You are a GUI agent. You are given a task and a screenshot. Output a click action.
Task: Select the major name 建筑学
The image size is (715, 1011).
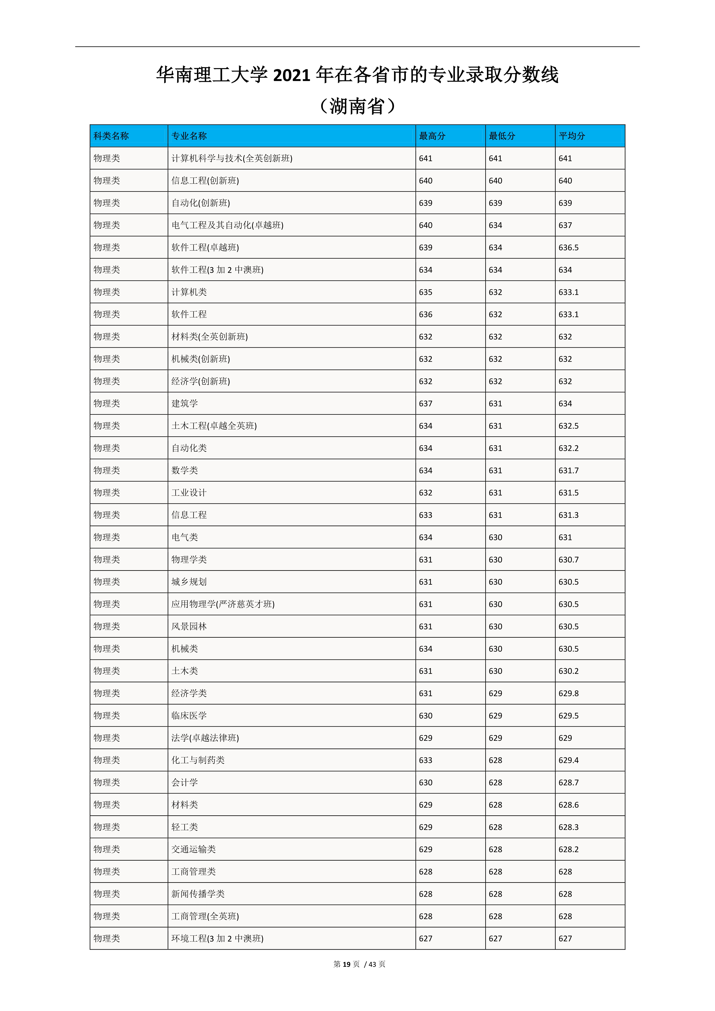(x=184, y=403)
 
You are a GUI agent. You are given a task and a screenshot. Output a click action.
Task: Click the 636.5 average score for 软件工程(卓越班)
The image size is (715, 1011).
(x=568, y=247)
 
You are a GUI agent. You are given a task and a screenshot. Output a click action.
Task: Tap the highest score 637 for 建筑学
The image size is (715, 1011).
(x=425, y=403)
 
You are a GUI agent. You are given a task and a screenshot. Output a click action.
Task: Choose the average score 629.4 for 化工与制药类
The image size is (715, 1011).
(x=568, y=760)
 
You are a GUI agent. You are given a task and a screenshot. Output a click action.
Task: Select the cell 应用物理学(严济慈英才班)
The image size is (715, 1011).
(x=223, y=604)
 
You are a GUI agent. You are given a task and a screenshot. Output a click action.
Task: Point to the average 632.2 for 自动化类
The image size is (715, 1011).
(x=568, y=448)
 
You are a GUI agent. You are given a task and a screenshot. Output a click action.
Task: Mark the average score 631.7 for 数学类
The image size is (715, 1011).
(x=568, y=470)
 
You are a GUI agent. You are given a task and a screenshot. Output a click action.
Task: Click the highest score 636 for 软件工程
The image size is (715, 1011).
(x=425, y=314)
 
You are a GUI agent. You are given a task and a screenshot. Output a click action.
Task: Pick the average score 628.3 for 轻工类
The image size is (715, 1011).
(x=568, y=827)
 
